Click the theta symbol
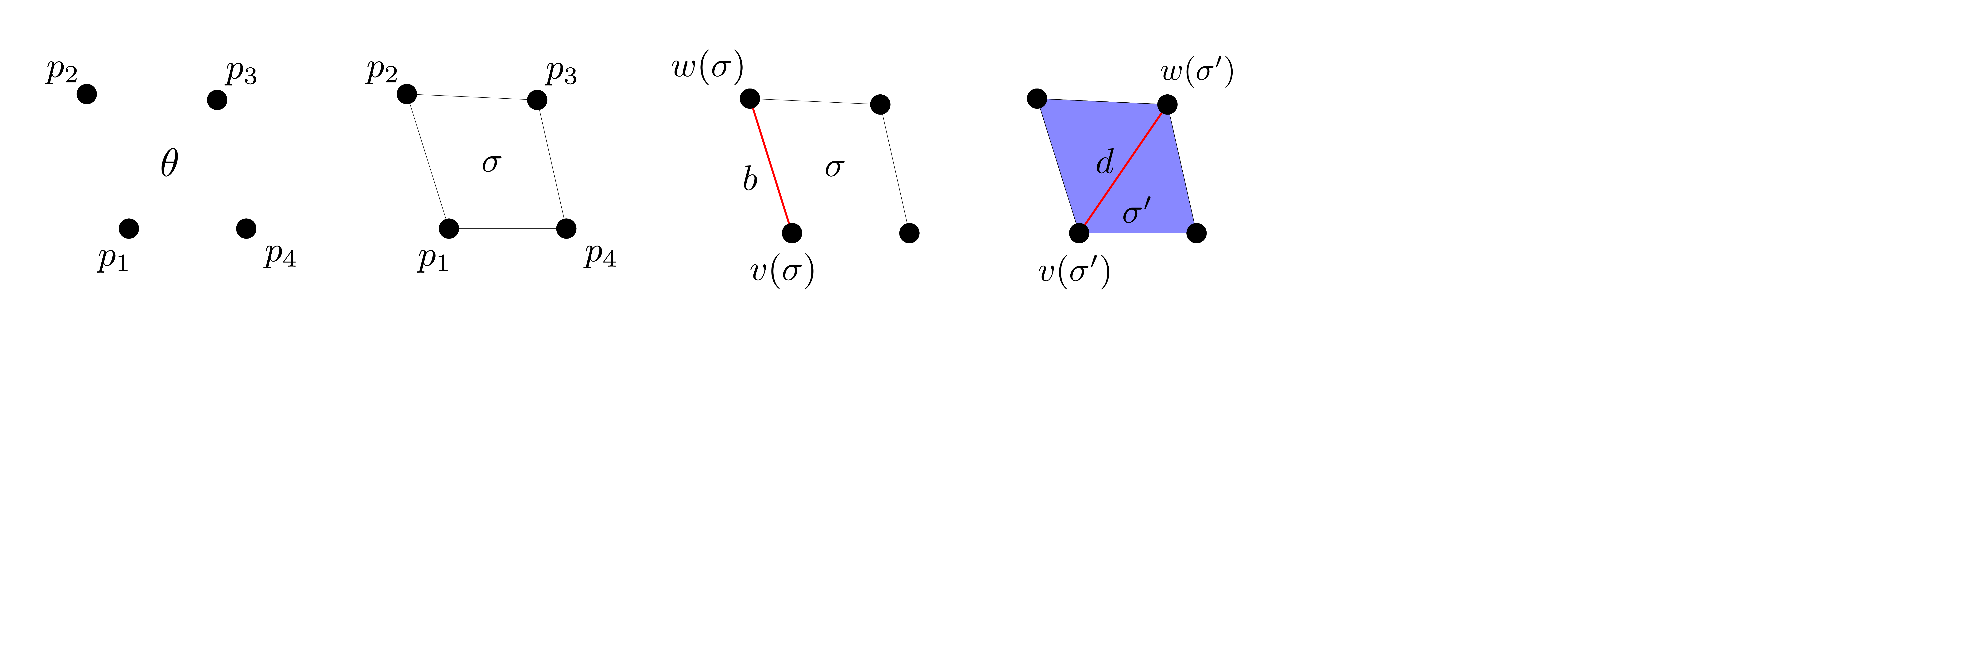[x=169, y=163]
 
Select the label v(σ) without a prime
[x=782, y=271]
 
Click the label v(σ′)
[x=1074, y=272]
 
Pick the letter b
[x=750, y=179]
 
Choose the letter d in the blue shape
[x=1105, y=162]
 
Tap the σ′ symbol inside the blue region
[x=1136, y=211]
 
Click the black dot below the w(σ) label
[x=750, y=98]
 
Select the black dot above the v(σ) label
[x=792, y=233]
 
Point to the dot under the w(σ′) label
[x=1167, y=104]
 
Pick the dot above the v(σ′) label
[x=1079, y=233]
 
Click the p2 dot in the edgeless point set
[x=87, y=94]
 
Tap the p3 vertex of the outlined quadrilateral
[x=537, y=100]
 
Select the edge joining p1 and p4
[x=507, y=228]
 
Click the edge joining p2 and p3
[x=472, y=97]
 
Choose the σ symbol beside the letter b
[x=834, y=167]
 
